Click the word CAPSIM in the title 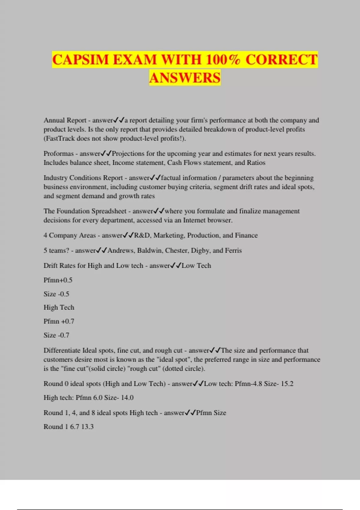80,60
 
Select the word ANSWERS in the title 185,78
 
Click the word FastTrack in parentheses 60,139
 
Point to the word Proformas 58,154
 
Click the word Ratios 256,163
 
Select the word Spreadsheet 109,211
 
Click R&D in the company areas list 142,235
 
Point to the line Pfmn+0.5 58,280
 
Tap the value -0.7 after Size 64,335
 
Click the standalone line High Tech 59,307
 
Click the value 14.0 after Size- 127,398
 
